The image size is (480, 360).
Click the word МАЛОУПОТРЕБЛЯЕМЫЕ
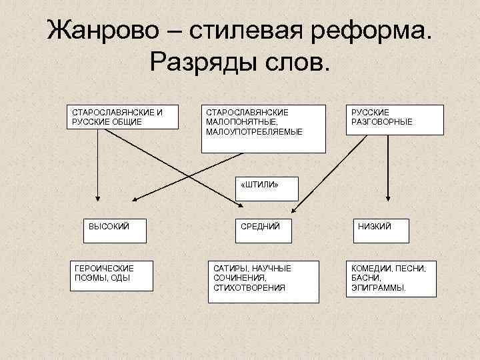click(x=254, y=132)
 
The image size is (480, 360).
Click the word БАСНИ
click(x=366, y=278)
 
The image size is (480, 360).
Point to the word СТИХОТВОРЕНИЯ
click(x=249, y=288)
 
